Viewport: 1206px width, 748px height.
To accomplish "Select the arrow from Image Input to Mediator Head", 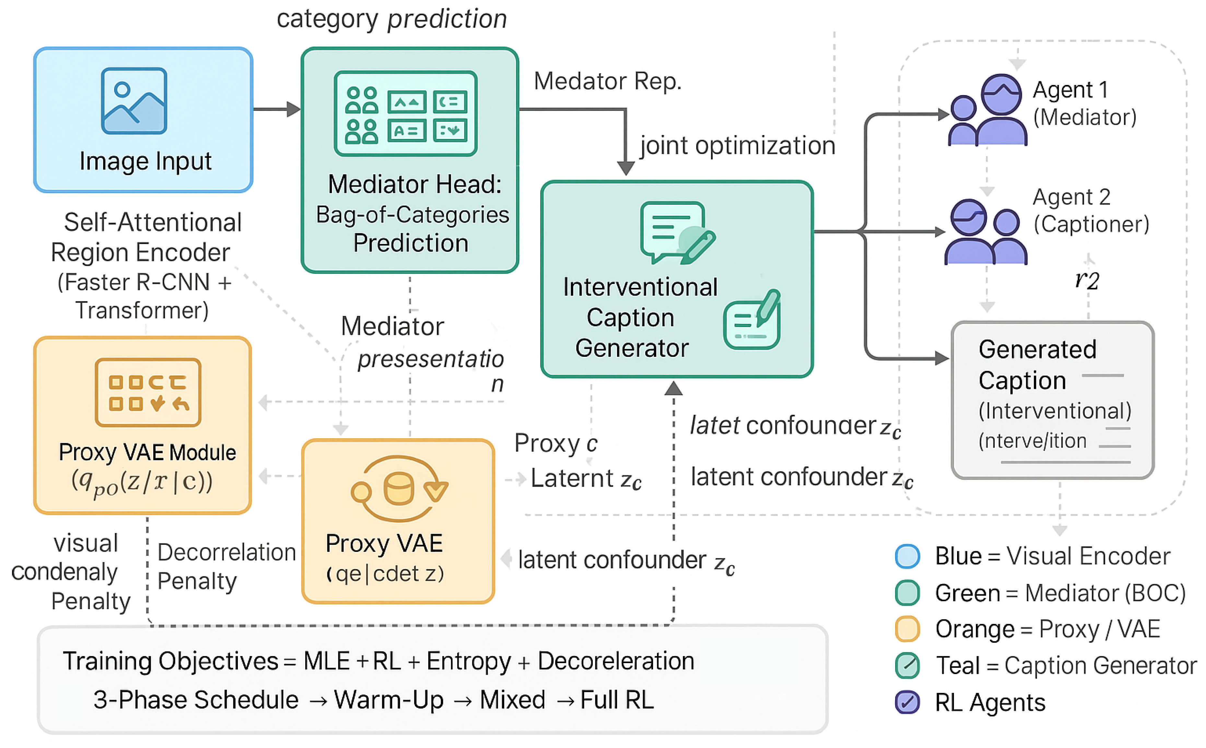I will coord(277,109).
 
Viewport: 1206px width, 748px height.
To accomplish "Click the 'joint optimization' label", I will coord(737,146).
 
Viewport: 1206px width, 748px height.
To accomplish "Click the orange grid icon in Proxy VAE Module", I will coord(148,392).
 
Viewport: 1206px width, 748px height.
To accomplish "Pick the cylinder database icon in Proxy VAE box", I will coord(398,489).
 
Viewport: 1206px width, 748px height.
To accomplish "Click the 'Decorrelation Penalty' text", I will coord(226,567).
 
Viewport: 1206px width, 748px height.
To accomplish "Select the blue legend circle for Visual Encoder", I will coord(907,556).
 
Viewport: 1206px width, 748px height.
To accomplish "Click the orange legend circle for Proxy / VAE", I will coord(907,629).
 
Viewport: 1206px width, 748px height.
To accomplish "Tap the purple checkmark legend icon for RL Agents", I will coord(907,702).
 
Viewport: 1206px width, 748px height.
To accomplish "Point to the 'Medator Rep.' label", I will coord(607,81).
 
